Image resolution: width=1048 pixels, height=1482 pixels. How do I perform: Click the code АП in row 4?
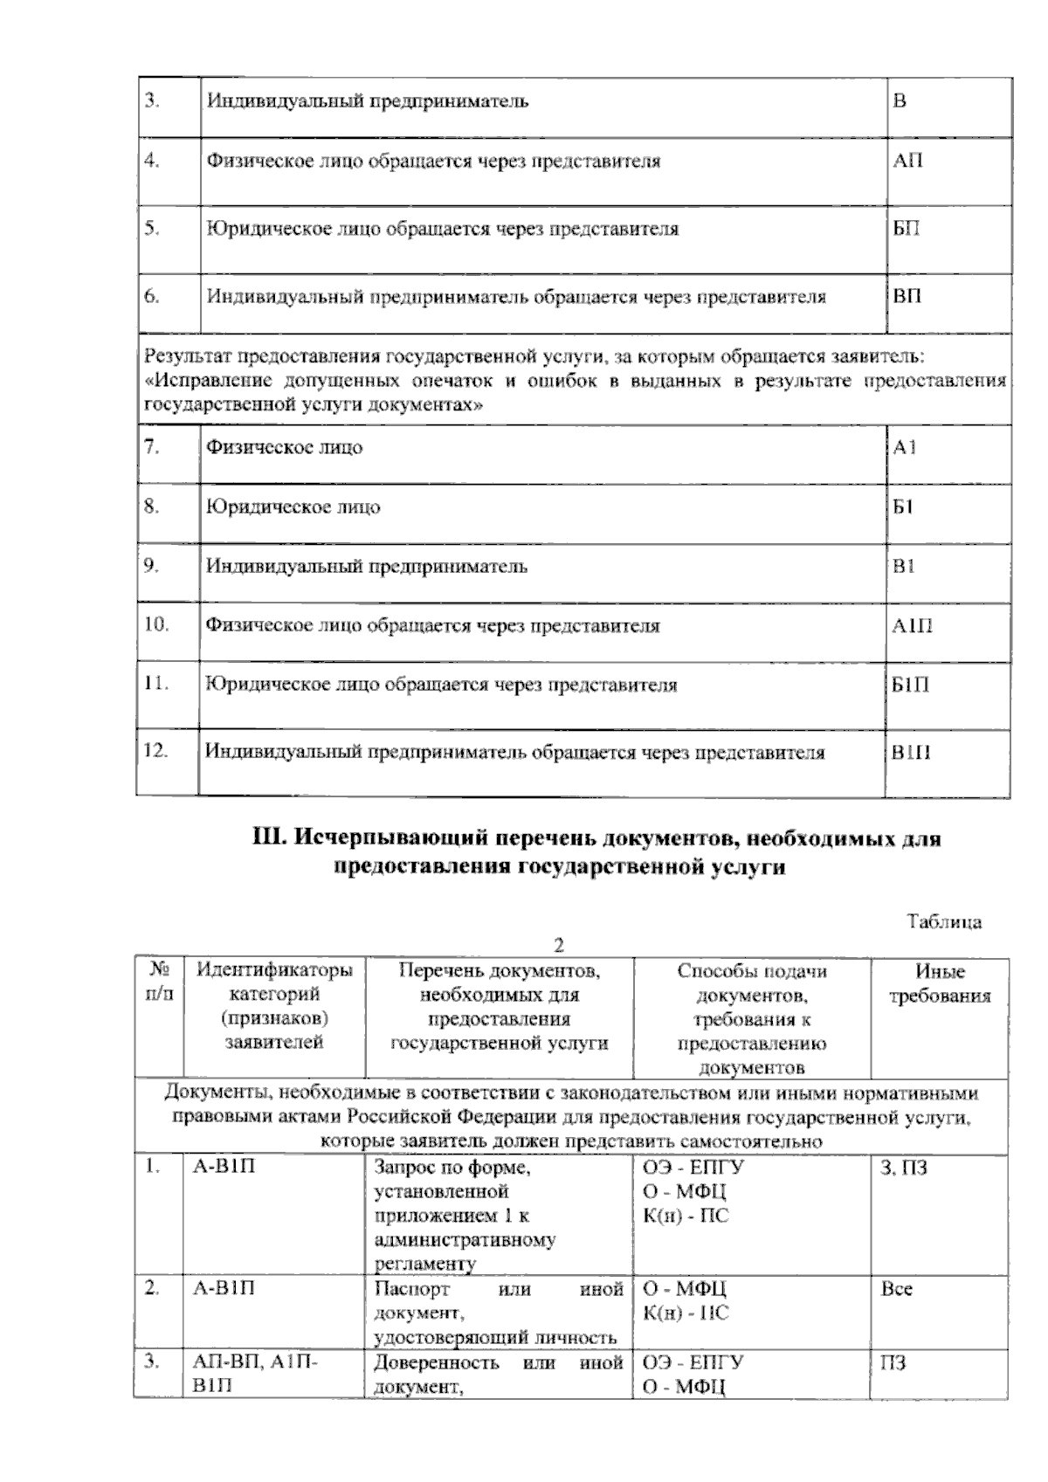tap(907, 162)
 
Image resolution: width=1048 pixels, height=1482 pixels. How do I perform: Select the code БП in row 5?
tap(907, 230)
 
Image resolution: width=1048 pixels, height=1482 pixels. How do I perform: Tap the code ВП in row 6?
tap(907, 297)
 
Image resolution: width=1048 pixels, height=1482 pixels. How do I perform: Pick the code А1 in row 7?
tap(905, 448)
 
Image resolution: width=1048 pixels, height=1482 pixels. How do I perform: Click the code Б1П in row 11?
tap(910, 686)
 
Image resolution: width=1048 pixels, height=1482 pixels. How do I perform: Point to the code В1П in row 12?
tap(910, 753)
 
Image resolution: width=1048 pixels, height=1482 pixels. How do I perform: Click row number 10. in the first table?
tap(156, 625)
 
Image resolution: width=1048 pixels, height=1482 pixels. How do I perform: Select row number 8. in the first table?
tap(152, 507)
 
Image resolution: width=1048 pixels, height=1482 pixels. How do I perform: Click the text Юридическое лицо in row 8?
tap(293, 507)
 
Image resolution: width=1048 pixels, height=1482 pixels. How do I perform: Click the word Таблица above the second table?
tap(944, 922)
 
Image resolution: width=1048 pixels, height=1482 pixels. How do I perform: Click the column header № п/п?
tap(159, 983)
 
